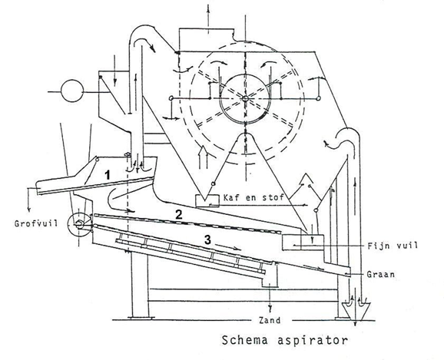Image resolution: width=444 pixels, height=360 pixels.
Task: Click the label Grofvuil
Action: coord(36,223)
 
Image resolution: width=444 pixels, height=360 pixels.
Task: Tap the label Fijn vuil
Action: coord(393,245)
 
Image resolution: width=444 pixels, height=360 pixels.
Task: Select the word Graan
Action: coord(380,274)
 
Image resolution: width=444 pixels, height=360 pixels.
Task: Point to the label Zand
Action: coord(270,320)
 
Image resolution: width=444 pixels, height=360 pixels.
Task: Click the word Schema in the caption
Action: coord(244,340)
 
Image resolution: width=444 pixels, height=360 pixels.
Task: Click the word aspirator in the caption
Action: coord(313,340)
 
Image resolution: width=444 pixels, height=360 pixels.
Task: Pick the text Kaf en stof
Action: coord(253,197)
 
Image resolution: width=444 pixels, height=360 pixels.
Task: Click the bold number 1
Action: coord(107,176)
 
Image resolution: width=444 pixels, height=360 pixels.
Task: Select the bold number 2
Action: coord(179,215)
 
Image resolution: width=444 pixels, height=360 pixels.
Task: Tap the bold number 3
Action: coord(208,240)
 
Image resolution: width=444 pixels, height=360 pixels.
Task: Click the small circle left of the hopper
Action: coord(72,91)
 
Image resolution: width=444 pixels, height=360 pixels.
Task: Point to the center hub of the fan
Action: coord(245,98)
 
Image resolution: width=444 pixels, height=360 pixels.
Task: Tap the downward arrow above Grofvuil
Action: coord(28,200)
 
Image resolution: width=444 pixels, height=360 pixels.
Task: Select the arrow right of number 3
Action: coord(228,247)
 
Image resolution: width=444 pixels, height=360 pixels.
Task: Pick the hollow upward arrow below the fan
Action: coord(203,157)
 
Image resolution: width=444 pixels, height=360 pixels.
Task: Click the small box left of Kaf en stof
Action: coord(207,200)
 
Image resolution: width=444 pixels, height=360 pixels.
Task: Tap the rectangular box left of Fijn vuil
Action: coord(303,243)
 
